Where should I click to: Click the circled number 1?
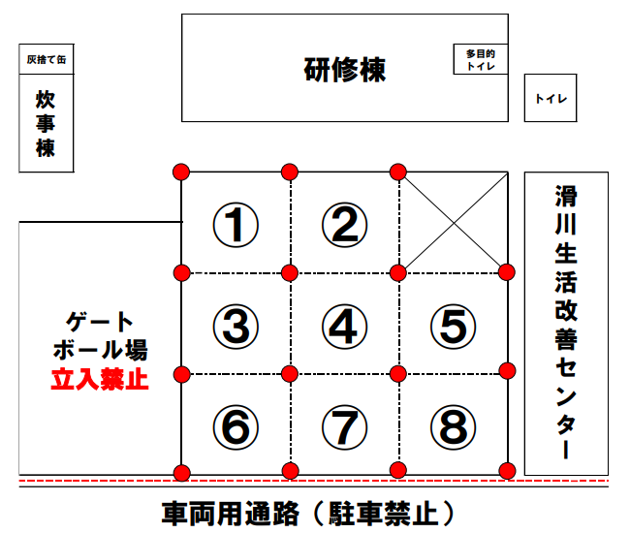click(236, 225)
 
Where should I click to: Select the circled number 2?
click(344, 225)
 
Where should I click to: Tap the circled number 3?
click(236, 326)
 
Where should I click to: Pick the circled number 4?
click(344, 326)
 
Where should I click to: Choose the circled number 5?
click(453, 326)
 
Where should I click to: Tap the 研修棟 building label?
click(345, 70)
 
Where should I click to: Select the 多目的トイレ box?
click(481, 59)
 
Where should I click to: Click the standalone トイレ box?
click(551, 98)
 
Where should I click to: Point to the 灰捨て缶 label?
click(47, 59)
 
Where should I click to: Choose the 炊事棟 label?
click(47, 123)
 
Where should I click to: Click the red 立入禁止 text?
click(100, 379)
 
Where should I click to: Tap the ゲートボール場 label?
click(100, 334)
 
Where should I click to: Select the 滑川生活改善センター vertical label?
click(566, 323)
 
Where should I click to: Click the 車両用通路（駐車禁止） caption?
click(307, 512)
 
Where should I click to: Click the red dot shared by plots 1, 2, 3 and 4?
click(289, 272)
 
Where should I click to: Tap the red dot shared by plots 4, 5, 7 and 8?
click(397, 373)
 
